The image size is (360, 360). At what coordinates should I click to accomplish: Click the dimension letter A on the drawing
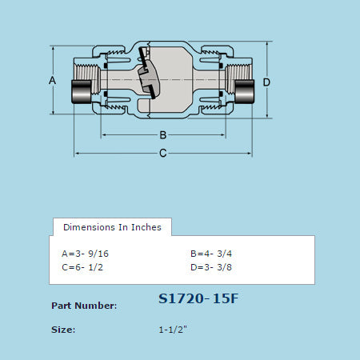click(x=52, y=82)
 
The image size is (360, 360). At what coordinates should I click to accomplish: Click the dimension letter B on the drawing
click(x=162, y=134)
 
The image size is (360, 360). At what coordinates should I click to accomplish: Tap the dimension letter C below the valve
click(x=162, y=153)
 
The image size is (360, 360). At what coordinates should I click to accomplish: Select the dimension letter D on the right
click(x=266, y=82)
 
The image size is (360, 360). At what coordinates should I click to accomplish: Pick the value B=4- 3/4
click(x=211, y=253)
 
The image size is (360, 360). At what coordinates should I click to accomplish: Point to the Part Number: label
click(x=84, y=306)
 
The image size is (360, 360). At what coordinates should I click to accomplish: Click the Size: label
click(x=63, y=330)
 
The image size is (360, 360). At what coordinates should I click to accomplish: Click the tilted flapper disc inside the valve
click(x=147, y=76)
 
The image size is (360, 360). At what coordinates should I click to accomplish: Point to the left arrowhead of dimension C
click(x=78, y=153)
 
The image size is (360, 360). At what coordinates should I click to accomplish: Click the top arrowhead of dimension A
click(x=55, y=47)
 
